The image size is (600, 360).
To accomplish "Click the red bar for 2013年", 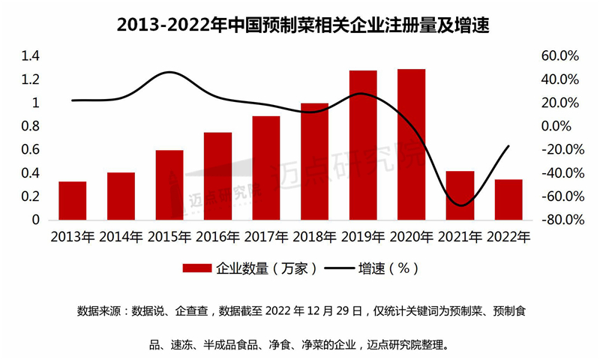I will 73,201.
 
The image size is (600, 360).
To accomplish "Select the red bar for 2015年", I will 169,185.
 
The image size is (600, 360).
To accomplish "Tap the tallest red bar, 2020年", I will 411,145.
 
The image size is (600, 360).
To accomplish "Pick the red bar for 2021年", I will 460,196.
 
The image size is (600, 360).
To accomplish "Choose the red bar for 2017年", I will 266,168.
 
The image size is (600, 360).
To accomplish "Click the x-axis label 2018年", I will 314,238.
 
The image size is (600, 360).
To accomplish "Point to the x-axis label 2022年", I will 508,238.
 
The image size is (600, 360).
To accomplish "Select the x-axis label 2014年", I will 121,238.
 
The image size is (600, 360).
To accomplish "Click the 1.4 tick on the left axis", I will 30,56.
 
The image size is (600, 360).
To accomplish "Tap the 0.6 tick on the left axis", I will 30,150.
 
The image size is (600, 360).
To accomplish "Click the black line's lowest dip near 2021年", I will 460,205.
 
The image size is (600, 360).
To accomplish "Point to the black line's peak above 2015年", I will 171,73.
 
